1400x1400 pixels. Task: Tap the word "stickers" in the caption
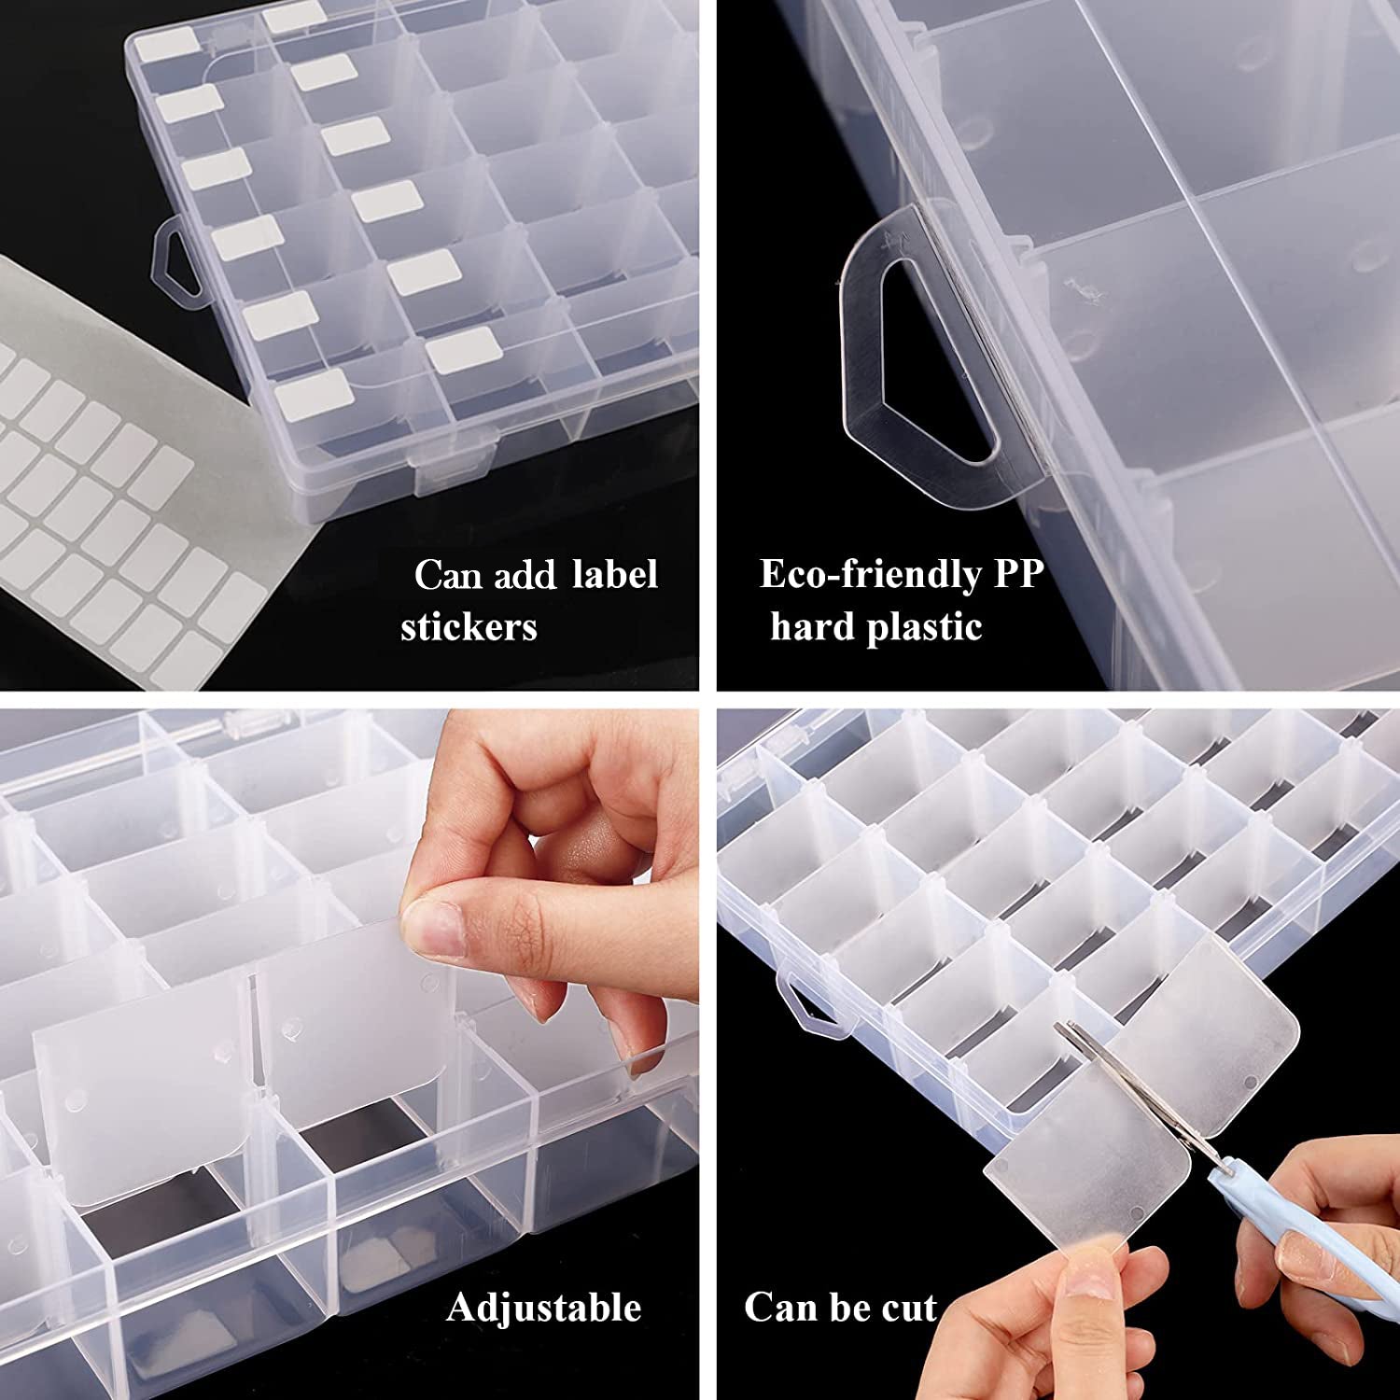(469, 627)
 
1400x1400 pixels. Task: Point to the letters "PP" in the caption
(1017, 574)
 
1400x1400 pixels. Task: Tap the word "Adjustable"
(544, 1308)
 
